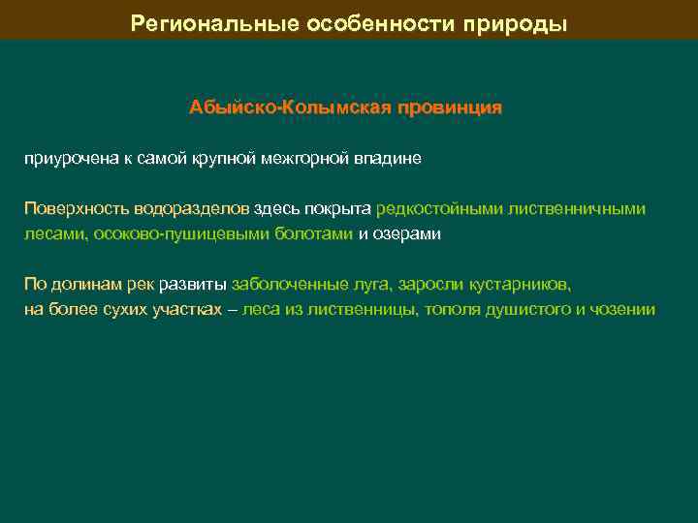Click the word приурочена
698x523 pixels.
pos(65,158)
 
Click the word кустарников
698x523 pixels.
pos(521,285)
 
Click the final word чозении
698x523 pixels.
pos(626,310)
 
